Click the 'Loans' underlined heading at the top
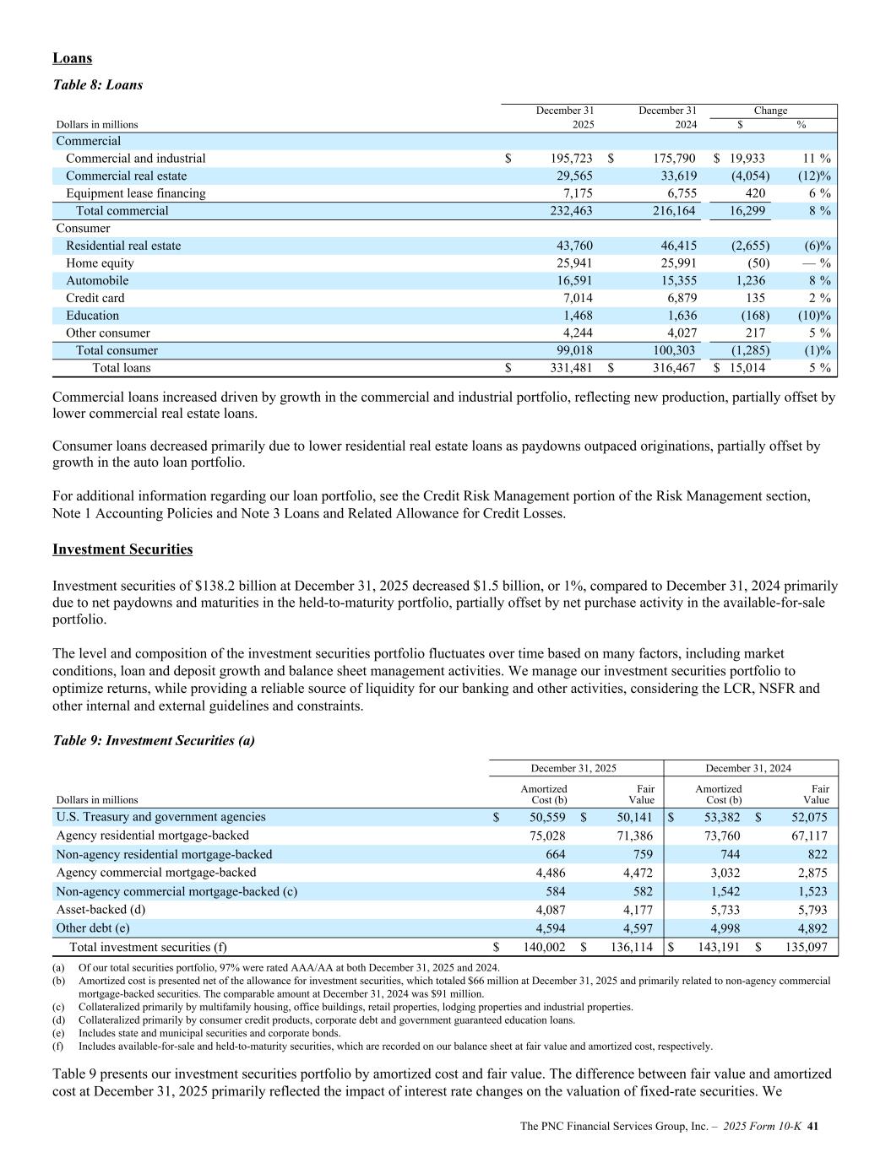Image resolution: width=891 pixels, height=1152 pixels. [72, 58]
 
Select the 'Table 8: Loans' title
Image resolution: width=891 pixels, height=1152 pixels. [97, 85]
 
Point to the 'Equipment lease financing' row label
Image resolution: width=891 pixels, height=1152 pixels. [135, 193]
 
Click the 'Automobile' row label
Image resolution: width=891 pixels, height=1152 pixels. [97, 280]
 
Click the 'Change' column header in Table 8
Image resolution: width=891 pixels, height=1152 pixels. [770, 111]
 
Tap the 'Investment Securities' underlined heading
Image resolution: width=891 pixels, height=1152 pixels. [122, 549]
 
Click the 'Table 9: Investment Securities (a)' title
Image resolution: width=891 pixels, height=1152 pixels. [154, 741]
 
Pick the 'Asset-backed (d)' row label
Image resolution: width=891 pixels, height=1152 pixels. [101, 910]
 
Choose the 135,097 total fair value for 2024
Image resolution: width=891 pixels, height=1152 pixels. [806, 947]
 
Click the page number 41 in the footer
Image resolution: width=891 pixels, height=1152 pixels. [814, 1127]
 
